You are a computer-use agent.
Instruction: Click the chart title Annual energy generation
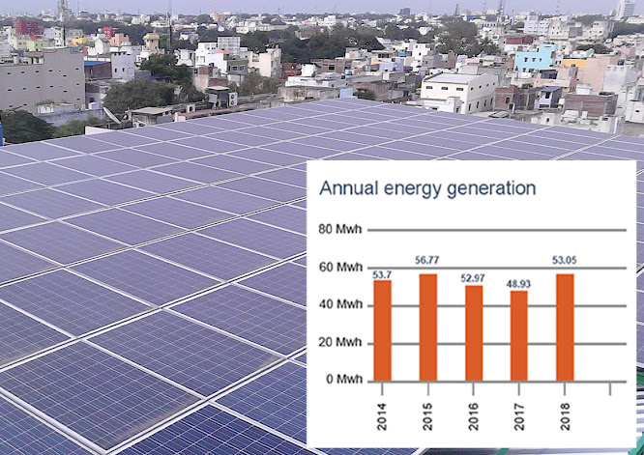pos(427,187)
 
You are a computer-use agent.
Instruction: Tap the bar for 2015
pos(428,327)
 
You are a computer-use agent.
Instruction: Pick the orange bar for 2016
pos(474,332)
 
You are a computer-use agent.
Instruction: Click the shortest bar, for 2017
pos(519,335)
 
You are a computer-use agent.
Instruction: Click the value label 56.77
pos(428,260)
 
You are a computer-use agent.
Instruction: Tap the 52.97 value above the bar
pos(474,278)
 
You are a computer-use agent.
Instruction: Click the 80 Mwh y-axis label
pos(339,231)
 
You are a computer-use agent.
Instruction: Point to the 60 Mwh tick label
pos(339,268)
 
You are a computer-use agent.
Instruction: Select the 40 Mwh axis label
pos(339,305)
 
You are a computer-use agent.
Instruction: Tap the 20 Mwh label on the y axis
pos(339,342)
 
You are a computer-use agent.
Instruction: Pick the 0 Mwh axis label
pos(342,379)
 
